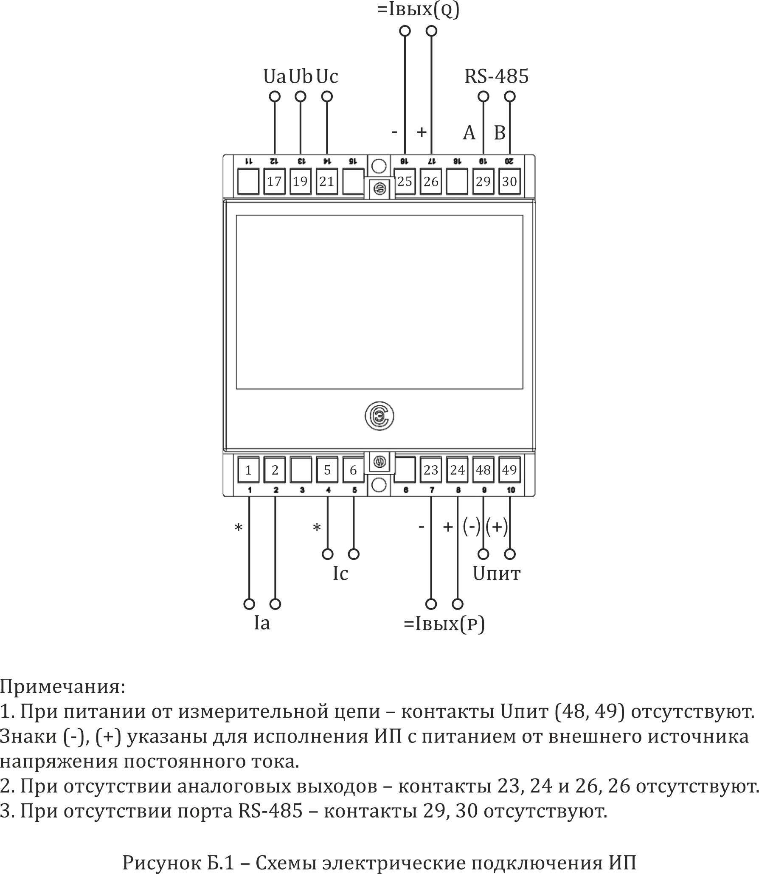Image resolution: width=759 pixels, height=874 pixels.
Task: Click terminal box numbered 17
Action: (274, 182)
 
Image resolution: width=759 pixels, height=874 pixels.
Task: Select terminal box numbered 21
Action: (326, 182)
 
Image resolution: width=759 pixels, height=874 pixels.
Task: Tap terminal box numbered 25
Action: (405, 182)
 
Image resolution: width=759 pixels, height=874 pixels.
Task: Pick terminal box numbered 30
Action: (509, 182)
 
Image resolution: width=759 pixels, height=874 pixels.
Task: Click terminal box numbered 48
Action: (483, 470)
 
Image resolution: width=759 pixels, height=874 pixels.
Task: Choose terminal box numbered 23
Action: (431, 470)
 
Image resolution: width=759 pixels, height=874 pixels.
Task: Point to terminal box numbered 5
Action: (327, 470)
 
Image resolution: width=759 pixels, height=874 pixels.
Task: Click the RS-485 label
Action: (496, 77)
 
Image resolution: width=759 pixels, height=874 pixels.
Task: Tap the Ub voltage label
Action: (301, 77)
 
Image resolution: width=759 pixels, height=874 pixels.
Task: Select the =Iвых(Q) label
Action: (418, 10)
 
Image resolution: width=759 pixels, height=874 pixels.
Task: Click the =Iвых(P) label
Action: (444, 624)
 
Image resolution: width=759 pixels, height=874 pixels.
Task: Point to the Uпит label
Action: (496, 574)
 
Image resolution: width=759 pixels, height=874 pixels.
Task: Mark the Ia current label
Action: (262, 623)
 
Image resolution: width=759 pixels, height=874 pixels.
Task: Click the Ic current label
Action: (340, 574)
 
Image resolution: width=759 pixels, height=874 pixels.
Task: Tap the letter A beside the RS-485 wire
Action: (469, 133)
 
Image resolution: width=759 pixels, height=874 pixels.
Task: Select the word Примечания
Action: (63, 687)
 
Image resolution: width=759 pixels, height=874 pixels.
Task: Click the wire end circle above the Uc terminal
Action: (327, 97)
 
